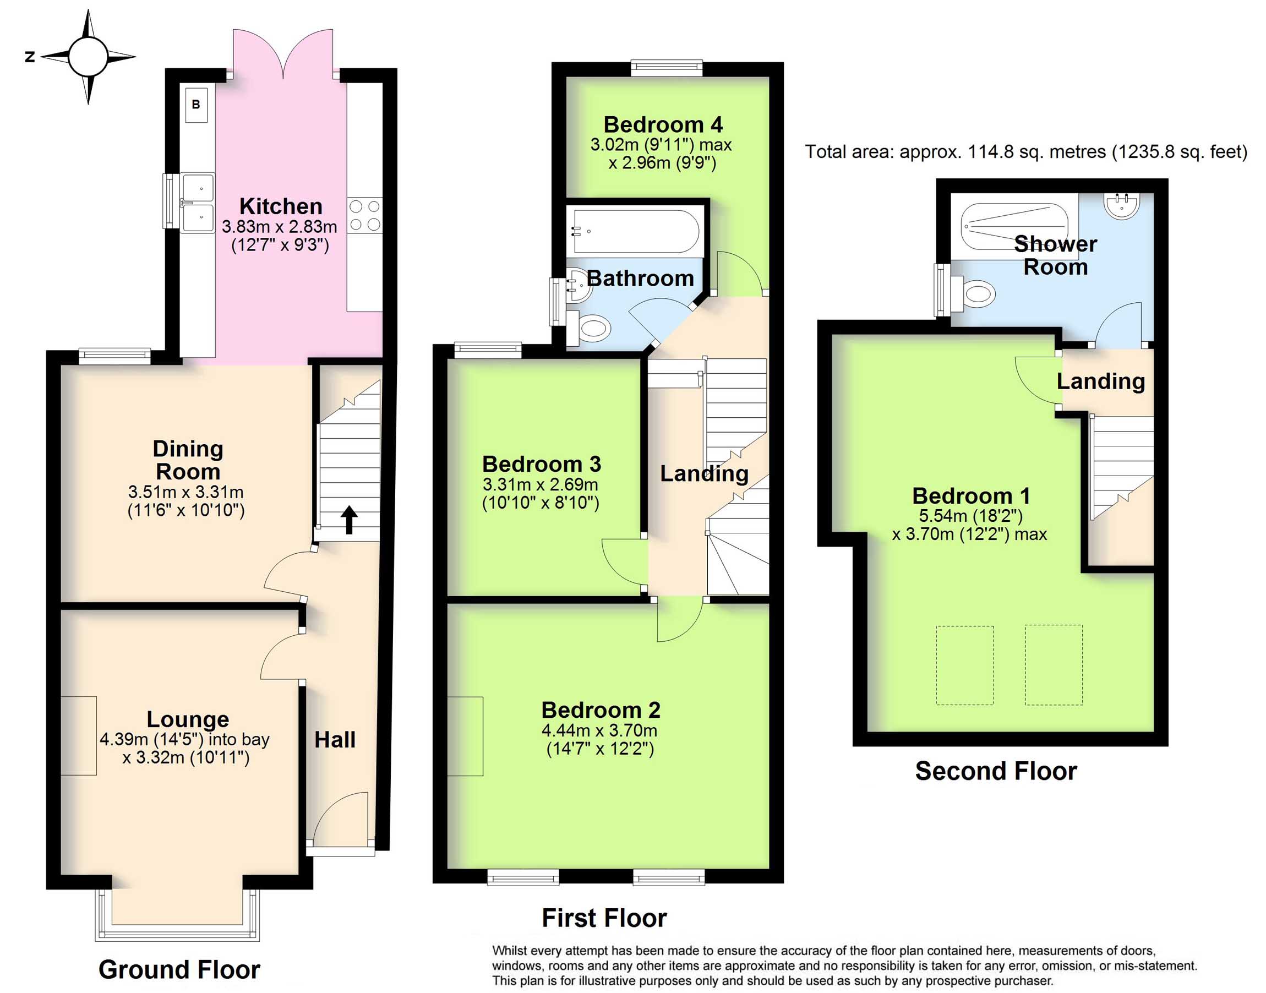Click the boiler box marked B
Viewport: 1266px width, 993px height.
[x=196, y=105]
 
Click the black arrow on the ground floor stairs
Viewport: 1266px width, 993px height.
[x=349, y=519]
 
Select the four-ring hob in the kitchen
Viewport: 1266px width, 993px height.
[x=365, y=215]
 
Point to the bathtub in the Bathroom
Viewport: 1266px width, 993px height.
[x=635, y=231]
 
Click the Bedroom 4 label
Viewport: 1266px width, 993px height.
[x=663, y=124]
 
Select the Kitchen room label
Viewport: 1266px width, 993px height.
[x=281, y=206]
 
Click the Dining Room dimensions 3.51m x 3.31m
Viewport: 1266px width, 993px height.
[x=186, y=492]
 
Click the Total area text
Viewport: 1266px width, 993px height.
[x=1026, y=152]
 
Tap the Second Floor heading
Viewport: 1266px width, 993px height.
[x=996, y=771]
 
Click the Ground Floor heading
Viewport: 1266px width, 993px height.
[x=179, y=969]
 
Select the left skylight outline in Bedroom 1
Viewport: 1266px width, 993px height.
[x=964, y=665]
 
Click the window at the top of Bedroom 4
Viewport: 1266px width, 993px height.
[x=667, y=69]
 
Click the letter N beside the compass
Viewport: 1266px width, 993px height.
[x=30, y=56]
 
